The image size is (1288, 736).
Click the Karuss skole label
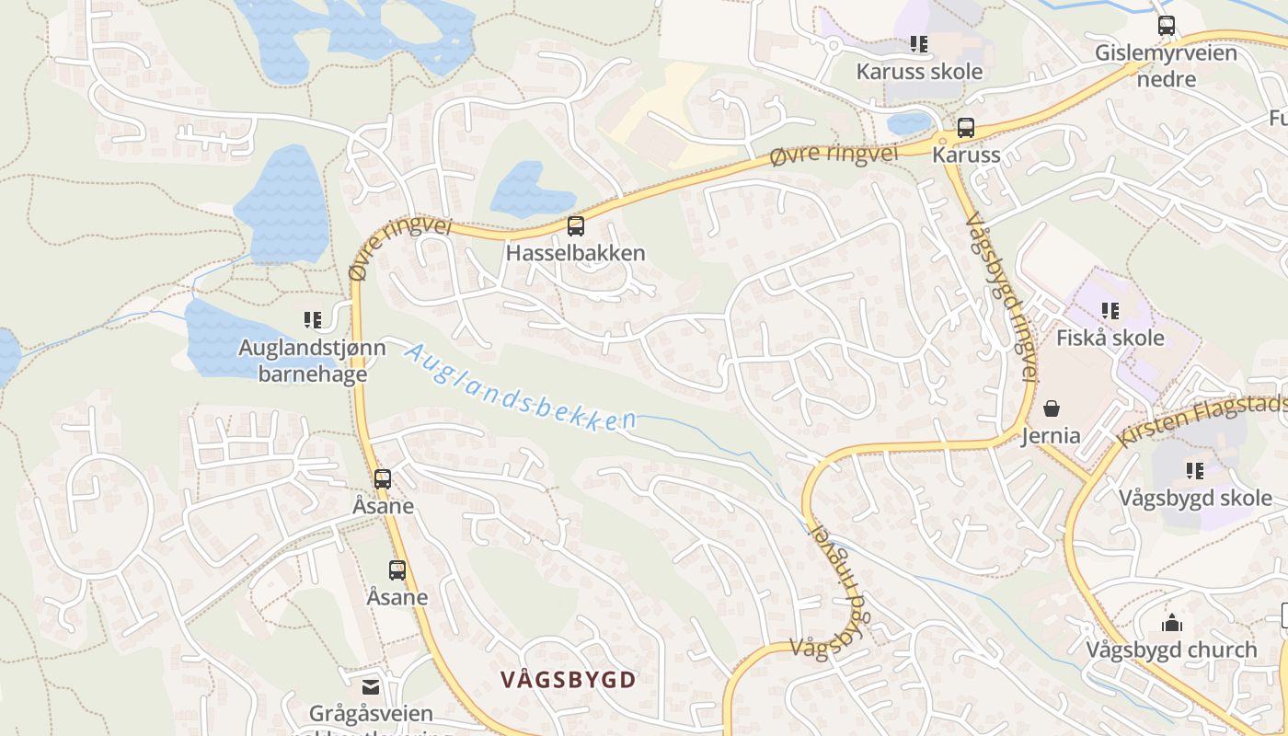click(x=919, y=72)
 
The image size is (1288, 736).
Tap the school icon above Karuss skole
click(x=918, y=43)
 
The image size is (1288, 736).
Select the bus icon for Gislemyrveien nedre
click(x=1166, y=26)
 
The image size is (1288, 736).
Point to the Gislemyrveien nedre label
click(x=1166, y=65)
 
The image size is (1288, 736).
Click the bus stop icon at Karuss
click(x=965, y=128)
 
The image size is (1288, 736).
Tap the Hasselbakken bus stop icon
click(x=576, y=225)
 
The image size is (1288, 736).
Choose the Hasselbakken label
click(x=575, y=253)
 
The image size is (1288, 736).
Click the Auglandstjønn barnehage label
click(x=312, y=361)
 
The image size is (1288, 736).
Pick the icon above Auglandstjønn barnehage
click(x=312, y=320)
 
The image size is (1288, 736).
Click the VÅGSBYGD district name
click(x=569, y=680)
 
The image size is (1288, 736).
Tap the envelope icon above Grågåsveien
click(x=370, y=686)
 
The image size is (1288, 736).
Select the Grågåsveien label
click(x=370, y=714)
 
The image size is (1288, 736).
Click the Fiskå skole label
click(x=1110, y=338)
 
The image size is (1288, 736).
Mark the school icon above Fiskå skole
click(x=1110, y=311)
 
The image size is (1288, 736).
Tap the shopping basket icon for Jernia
click(x=1052, y=408)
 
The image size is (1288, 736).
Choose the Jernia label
click(x=1051, y=435)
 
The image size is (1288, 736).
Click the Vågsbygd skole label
click(x=1195, y=499)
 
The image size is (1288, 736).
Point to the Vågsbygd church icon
click(x=1171, y=624)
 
